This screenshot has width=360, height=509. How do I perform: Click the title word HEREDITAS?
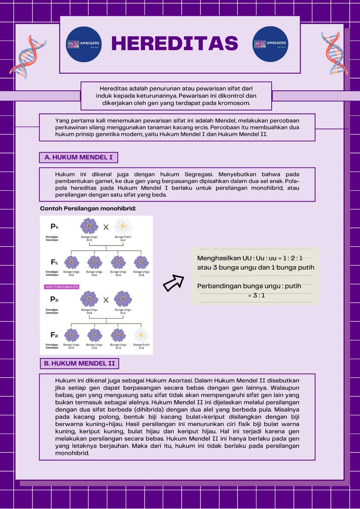[174, 43]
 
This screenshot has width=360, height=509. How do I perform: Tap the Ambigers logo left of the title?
[84, 44]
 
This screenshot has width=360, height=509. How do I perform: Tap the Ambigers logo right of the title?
[270, 44]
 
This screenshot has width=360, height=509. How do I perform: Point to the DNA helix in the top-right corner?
[334, 53]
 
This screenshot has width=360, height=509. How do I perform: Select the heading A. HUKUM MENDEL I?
[79, 158]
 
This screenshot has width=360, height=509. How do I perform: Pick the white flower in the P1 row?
[123, 225]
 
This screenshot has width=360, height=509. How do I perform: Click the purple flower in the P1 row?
[89, 226]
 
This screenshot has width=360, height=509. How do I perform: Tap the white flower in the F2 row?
[141, 335]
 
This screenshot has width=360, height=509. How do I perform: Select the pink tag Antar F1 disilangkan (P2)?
[62, 287]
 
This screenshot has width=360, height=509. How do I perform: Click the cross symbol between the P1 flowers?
[106, 227]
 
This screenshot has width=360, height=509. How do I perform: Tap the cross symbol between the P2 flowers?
[106, 299]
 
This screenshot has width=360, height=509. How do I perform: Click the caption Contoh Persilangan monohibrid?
[88, 208]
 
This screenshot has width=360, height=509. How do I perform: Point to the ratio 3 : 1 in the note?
[256, 295]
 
